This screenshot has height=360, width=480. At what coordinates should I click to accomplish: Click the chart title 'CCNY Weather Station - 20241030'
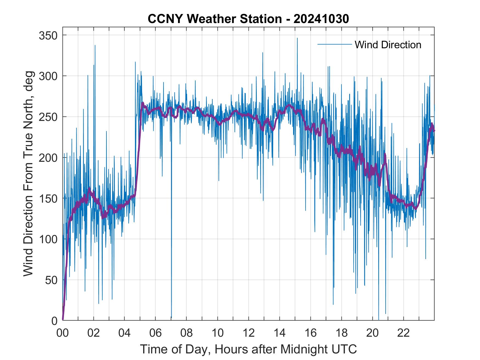tap(248, 19)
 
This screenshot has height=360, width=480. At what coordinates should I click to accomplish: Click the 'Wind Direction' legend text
tap(388, 45)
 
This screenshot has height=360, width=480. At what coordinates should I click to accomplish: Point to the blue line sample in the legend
tap(334, 44)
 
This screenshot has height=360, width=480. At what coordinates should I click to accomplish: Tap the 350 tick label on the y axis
tap(48, 35)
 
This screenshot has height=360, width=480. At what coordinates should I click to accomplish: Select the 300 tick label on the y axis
tap(48, 76)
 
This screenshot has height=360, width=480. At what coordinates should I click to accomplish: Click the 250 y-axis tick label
tap(48, 117)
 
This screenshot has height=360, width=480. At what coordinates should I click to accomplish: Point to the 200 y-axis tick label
tap(48, 158)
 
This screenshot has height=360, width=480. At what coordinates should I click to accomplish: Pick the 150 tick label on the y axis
tap(48, 198)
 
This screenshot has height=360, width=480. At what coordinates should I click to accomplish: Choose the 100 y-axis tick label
tap(48, 239)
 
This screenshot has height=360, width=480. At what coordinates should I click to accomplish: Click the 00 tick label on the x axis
tap(63, 333)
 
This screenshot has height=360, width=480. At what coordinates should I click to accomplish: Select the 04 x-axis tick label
tap(125, 333)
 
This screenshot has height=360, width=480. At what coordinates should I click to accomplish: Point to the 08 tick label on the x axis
tap(187, 333)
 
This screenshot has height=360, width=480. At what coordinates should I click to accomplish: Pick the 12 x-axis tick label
tap(249, 333)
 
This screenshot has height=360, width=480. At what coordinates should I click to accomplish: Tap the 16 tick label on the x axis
tap(310, 333)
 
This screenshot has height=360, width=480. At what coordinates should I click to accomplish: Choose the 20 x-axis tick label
tap(372, 333)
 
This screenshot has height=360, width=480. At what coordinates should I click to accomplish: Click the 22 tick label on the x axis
tap(403, 333)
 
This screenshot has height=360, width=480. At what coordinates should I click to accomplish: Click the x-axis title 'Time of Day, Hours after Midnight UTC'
tap(248, 349)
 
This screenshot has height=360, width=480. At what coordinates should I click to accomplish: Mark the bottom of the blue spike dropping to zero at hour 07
tap(171, 318)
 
